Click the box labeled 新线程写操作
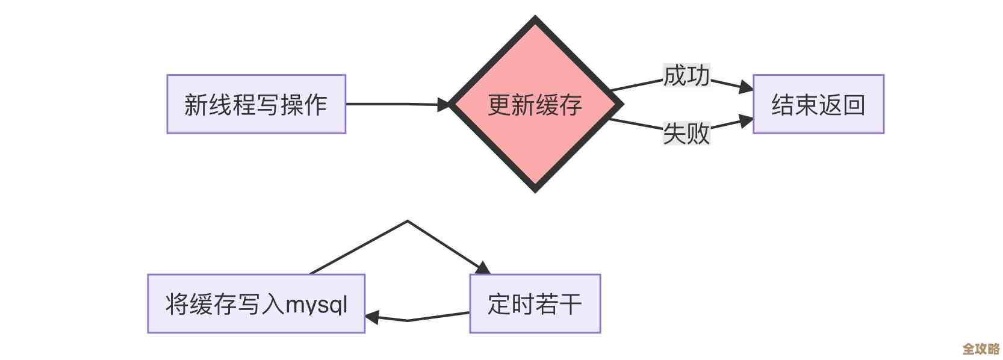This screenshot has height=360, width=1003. pyautogui.click(x=256, y=104)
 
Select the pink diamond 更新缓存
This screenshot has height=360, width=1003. pyautogui.click(x=535, y=104)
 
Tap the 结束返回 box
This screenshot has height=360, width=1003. pyautogui.click(x=818, y=104)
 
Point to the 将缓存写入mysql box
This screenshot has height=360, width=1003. pyautogui.click(x=256, y=303)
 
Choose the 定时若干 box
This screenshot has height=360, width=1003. pyautogui.click(x=535, y=303)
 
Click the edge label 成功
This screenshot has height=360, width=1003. pyautogui.click(x=686, y=76)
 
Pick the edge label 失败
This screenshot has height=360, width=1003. pyautogui.click(x=686, y=133)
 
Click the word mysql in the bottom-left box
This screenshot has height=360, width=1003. pyautogui.click(x=317, y=305)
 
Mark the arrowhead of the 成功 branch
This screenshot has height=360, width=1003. pyautogui.click(x=747, y=88)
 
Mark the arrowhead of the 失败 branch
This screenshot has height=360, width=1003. pyautogui.click(x=747, y=120)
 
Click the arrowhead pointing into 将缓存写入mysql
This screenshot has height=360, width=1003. pyautogui.click(x=371, y=317)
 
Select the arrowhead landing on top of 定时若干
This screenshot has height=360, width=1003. pyautogui.click(x=483, y=268)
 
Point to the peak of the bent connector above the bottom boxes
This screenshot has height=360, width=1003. pyautogui.click(x=408, y=221)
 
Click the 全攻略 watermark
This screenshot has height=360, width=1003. pyautogui.click(x=981, y=349)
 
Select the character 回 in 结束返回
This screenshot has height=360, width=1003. pyautogui.click(x=854, y=105)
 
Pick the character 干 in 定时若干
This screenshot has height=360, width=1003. pyautogui.click(x=571, y=304)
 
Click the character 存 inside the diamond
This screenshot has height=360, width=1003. pyautogui.click(x=571, y=105)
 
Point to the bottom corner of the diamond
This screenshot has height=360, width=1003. pyautogui.click(x=535, y=190)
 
